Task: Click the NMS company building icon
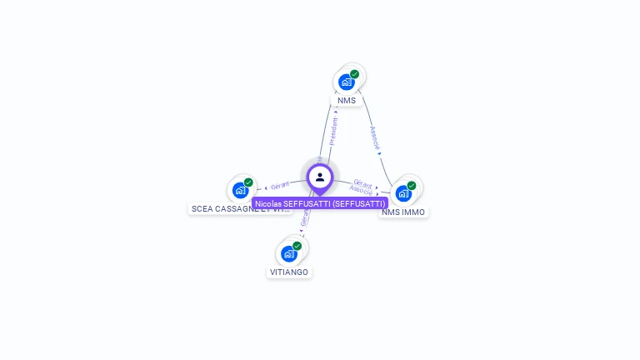[347, 82]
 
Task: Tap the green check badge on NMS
[354, 74]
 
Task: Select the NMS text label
[347, 101]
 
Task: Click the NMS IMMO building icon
[403, 193]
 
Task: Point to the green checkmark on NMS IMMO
[411, 185]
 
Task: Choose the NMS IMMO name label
[403, 212]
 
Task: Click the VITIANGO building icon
[289, 253]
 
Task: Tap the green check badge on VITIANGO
[297, 246]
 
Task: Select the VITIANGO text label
[289, 272]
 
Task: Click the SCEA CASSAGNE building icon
[241, 190]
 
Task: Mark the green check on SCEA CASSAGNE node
[248, 182]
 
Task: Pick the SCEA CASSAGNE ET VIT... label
[241, 209]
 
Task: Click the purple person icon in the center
[320, 177]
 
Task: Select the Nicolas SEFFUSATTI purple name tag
[320, 203]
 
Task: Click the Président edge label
[333, 132]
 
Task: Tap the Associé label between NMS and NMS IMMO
[375, 137]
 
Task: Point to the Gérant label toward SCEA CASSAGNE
[280, 186]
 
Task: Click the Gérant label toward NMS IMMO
[362, 182]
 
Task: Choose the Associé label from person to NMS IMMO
[361, 191]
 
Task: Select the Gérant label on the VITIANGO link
[305, 218]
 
